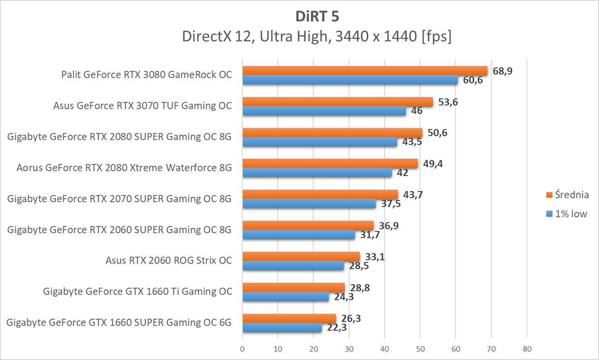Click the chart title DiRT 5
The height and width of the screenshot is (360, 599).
coord(317,17)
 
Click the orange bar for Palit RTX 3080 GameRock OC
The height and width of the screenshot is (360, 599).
coord(364,71)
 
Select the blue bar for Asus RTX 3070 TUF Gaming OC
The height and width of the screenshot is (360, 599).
coord(324,111)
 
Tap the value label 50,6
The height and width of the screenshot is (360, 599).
coord(437,133)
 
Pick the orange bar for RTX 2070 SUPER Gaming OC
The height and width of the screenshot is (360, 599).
coord(320,195)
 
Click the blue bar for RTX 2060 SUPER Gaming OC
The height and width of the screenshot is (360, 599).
coord(299,235)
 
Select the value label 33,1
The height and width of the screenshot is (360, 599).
coord(375,257)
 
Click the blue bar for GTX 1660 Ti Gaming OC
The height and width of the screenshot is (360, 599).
coord(286,297)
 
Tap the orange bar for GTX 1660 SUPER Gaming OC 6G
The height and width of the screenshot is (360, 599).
coord(289,319)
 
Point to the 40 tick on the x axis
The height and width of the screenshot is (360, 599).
coord(385,348)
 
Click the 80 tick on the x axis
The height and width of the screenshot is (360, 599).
coord(527,348)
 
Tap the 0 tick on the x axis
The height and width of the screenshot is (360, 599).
coord(242,348)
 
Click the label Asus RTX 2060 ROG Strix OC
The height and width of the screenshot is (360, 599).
coord(169,261)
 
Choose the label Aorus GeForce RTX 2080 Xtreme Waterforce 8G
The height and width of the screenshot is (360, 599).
coord(124,168)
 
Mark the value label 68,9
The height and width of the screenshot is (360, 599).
coord(503,71)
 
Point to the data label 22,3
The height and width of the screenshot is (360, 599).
coord(336,328)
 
